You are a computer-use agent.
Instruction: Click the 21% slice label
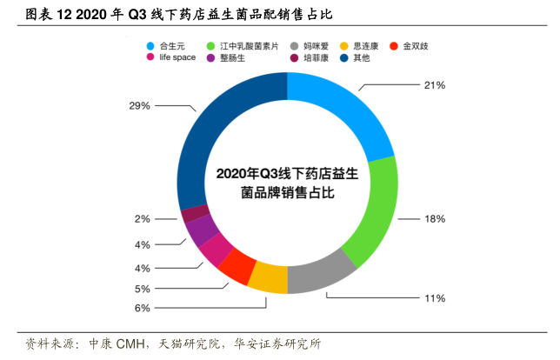(x=434, y=85)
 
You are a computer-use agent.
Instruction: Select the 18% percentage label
(x=434, y=219)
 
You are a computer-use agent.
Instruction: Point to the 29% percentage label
(x=140, y=105)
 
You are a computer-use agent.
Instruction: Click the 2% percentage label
(x=143, y=219)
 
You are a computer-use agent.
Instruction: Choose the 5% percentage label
(x=143, y=288)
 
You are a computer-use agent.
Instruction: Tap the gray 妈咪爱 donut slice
(x=321, y=269)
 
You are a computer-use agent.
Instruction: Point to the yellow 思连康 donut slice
(x=268, y=277)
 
